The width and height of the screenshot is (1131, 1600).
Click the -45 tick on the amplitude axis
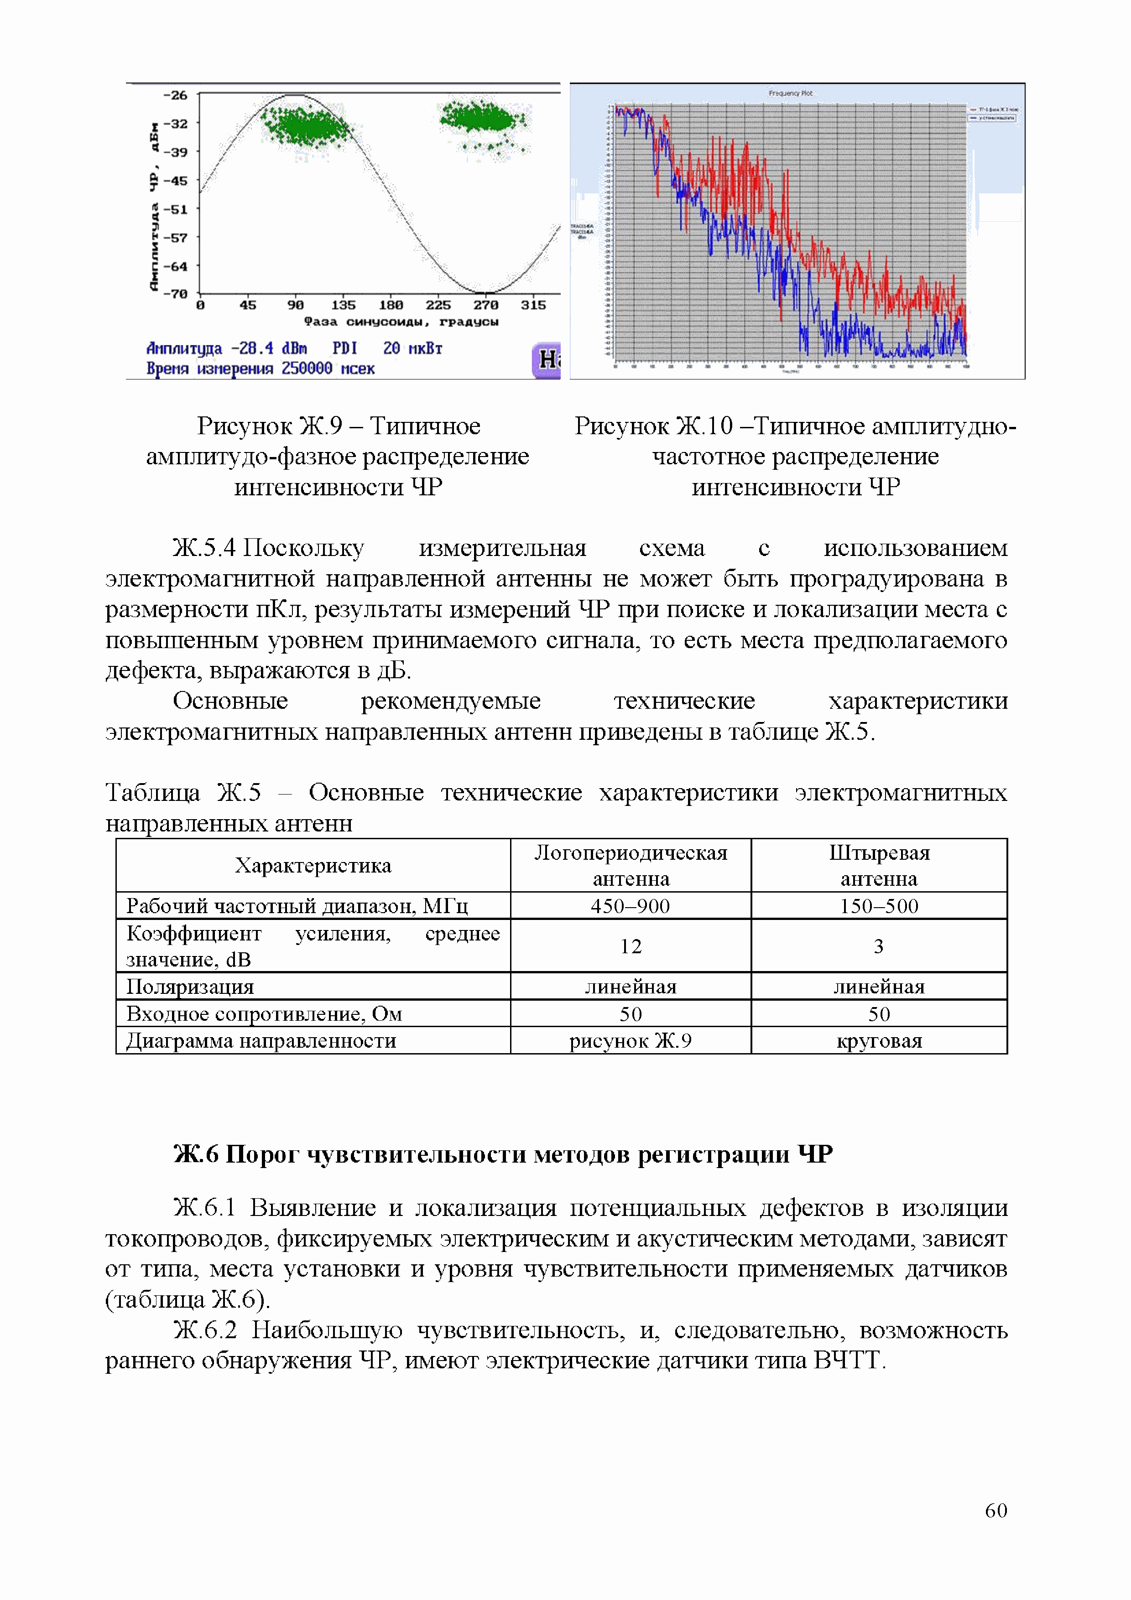[x=178, y=181]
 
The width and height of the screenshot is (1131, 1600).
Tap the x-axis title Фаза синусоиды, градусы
[x=401, y=322]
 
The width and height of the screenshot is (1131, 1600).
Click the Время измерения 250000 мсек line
[x=260, y=369]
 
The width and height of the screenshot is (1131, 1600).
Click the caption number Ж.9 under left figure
[x=321, y=426]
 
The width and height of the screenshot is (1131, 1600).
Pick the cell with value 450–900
[x=631, y=906]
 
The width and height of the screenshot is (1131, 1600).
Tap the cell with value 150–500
[x=879, y=906]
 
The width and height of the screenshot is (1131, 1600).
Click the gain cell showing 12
[x=631, y=945]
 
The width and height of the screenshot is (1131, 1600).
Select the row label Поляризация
[x=190, y=987]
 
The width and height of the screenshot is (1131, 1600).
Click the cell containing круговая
[x=879, y=1041]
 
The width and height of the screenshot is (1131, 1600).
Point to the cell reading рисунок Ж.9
[x=631, y=1041]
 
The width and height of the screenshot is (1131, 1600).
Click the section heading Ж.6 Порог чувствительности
[x=502, y=1155]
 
